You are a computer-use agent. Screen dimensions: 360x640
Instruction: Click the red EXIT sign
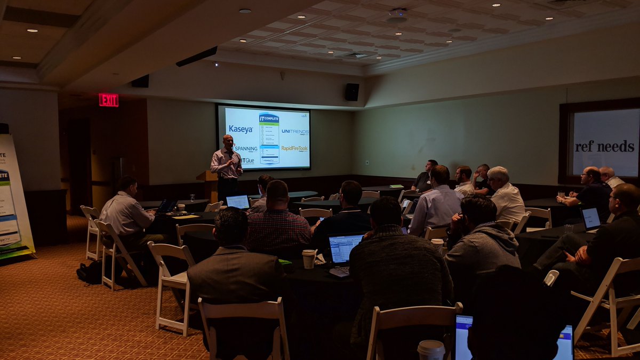point(108,100)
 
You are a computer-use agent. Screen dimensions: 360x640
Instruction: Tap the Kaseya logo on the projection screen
point(241,129)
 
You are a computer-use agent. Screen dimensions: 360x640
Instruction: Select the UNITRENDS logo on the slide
point(295,131)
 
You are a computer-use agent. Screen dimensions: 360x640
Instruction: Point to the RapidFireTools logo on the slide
point(294,149)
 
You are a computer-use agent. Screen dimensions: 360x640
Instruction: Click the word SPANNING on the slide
point(246,149)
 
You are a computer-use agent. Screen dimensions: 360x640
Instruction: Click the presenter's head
point(228,141)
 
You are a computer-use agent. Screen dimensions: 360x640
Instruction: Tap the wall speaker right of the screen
point(351,92)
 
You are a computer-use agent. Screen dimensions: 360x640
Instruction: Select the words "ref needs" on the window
point(604,146)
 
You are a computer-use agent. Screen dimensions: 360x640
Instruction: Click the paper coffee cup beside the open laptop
point(309,259)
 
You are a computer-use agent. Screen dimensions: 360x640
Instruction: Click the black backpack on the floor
point(90,272)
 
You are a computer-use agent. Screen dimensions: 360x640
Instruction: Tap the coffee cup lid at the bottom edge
point(431,347)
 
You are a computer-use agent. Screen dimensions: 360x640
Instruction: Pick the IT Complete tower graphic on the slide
point(269,138)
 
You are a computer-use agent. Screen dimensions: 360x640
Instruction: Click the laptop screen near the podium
point(238,202)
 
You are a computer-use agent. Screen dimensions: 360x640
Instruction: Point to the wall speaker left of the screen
point(140,81)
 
